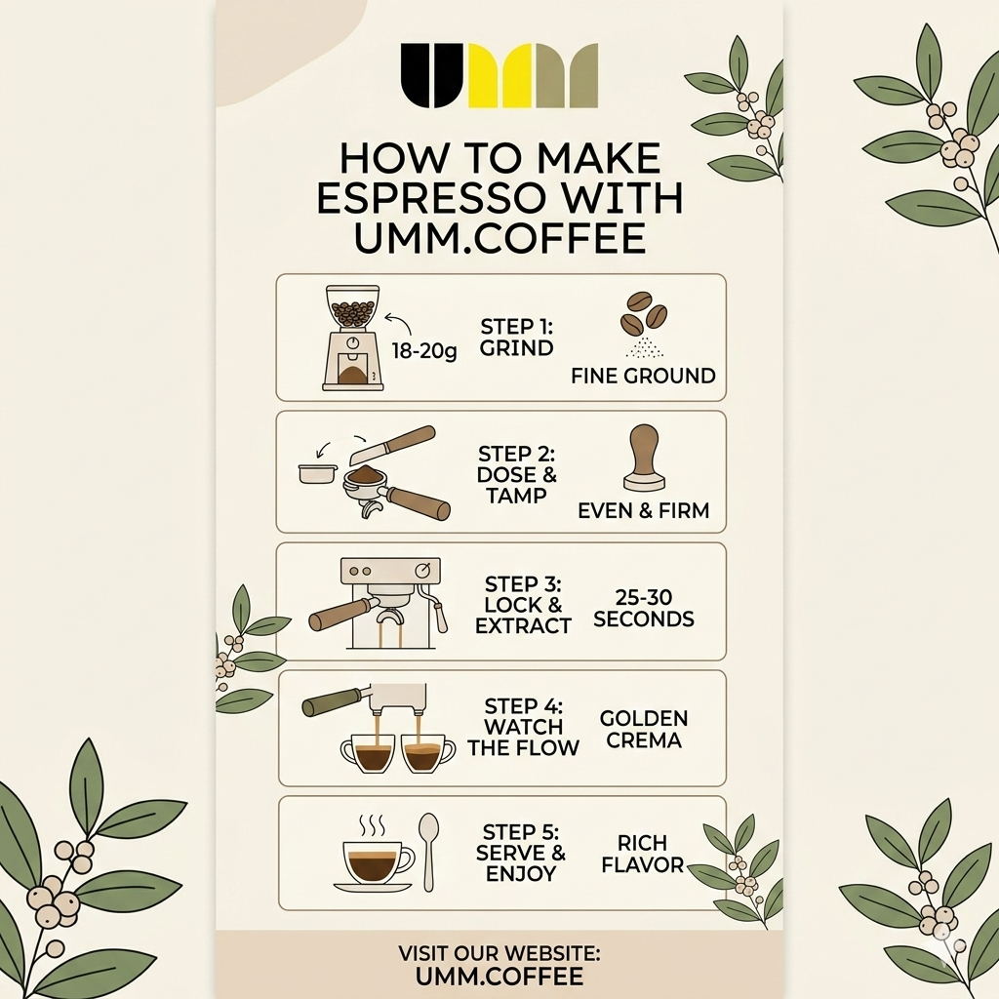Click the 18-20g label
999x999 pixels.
coord(423,350)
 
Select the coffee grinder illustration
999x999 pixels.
coord(352,338)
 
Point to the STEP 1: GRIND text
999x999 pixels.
coord(516,337)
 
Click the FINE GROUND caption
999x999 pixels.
coord(643,376)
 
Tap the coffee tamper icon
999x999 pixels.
coord(643,457)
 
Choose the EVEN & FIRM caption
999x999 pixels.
coord(643,510)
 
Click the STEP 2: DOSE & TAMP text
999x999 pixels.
coord(517,474)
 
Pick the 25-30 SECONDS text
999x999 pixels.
coord(643,608)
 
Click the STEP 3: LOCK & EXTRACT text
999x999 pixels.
coord(523,605)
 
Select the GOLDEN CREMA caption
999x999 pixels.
coord(644,729)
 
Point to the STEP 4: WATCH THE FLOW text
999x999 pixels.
coord(523,727)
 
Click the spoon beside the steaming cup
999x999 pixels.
coord(428,851)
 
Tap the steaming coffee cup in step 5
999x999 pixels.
coord(376,859)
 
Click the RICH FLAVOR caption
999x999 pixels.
coord(642,854)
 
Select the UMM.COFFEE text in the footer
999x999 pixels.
coord(499,976)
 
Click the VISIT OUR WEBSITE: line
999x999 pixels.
coord(499,952)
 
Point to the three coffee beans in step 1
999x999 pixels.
coord(644,313)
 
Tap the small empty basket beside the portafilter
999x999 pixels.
coord(318,473)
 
